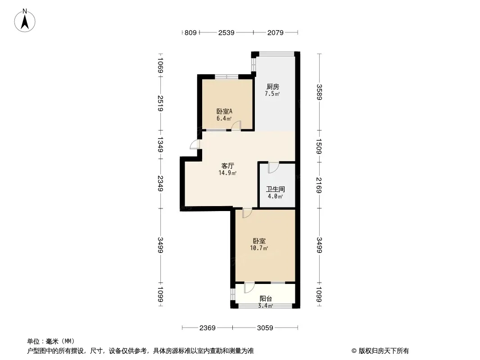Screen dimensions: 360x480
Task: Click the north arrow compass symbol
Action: click(x=26, y=20)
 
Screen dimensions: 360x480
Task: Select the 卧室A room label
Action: click(x=224, y=111)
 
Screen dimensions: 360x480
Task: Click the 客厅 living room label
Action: click(x=227, y=166)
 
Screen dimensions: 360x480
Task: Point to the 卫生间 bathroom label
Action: click(x=275, y=189)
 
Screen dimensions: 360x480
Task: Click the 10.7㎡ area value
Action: click(x=259, y=248)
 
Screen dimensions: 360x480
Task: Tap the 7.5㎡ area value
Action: click(x=272, y=94)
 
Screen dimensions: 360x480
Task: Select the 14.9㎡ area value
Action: click(x=227, y=173)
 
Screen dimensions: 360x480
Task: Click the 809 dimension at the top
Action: click(x=191, y=32)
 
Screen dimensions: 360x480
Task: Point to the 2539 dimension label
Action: click(x=226, y=32)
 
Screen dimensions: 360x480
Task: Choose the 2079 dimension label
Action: click(x=275, y=32)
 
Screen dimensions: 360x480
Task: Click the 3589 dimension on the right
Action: click(x=319, y=93)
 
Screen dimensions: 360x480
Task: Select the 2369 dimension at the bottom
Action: click(x=208, y=328)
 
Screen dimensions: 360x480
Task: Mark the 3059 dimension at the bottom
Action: click(x=265, y=328)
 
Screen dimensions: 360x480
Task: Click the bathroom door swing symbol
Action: click(x=273, y=167)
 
